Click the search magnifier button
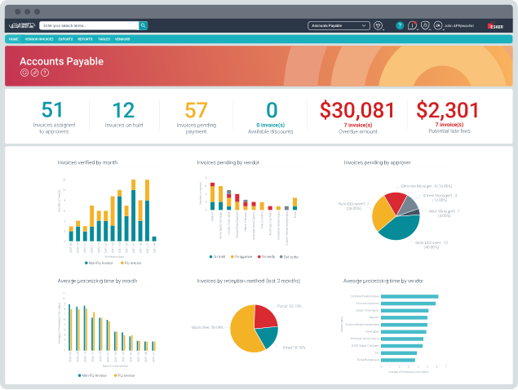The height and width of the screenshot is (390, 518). coord(143,25)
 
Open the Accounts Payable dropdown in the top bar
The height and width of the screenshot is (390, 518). coord(338,25)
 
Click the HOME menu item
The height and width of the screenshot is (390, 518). coord(13,39)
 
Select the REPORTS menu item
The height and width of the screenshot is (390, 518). coord(85,39)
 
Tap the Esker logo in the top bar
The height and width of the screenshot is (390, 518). coord(494,26)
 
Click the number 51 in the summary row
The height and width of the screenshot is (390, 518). coord(52,109)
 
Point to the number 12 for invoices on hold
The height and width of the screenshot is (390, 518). coord(123,109)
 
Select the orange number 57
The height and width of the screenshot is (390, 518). coord(197,109)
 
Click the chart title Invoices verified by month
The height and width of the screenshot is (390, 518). coord(87,162)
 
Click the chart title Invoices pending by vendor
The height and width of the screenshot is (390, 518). coord(227,162)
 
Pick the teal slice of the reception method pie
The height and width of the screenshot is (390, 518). coord(268,337)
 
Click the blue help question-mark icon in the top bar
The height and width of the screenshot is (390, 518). coord(400,25)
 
